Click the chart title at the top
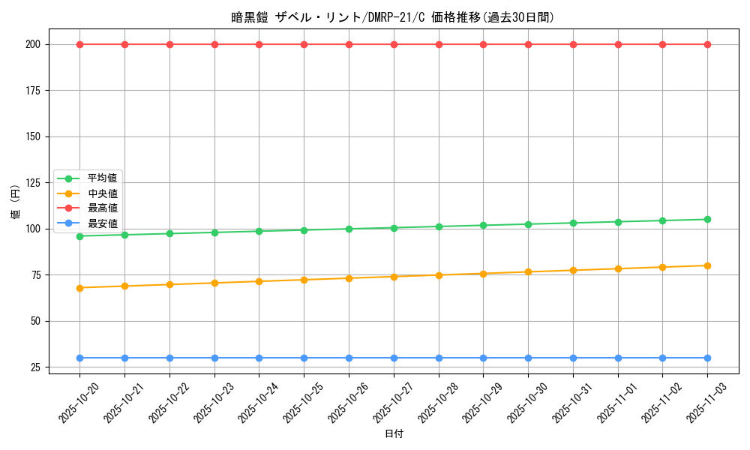(x=393, y=17)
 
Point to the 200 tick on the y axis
(x=34, y=44)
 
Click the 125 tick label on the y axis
(x=34, y=182)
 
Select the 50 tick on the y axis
(x=37, y=321)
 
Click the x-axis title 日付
(x=393, y=434)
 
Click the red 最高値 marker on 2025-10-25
(x=304, y=44)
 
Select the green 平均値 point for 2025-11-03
(x=707, y=219)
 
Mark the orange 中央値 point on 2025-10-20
(x=79, y=287)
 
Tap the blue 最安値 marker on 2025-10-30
(x=528, y=358)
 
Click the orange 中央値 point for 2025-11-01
(x=618, y=268)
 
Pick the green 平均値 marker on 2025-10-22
(x=169, y=233)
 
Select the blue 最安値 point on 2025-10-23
(x=214, y=358)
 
